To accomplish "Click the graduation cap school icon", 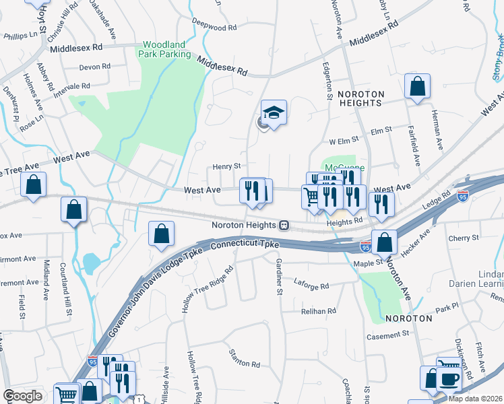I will tap(274, 112).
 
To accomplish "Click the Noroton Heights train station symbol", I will tap(285, 225).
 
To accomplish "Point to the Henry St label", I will tap(226, 166).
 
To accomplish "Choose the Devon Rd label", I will tap(94, 67).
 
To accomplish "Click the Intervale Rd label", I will tap(73, 87).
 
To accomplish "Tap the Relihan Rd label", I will tap(319, 311).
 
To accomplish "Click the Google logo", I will tap(22, 396).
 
